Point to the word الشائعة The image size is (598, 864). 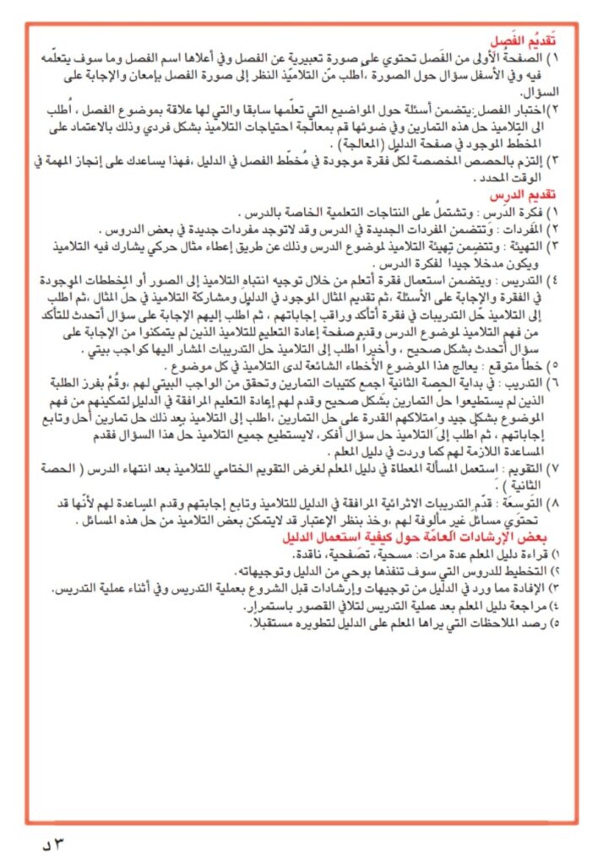tap(318, 365)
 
